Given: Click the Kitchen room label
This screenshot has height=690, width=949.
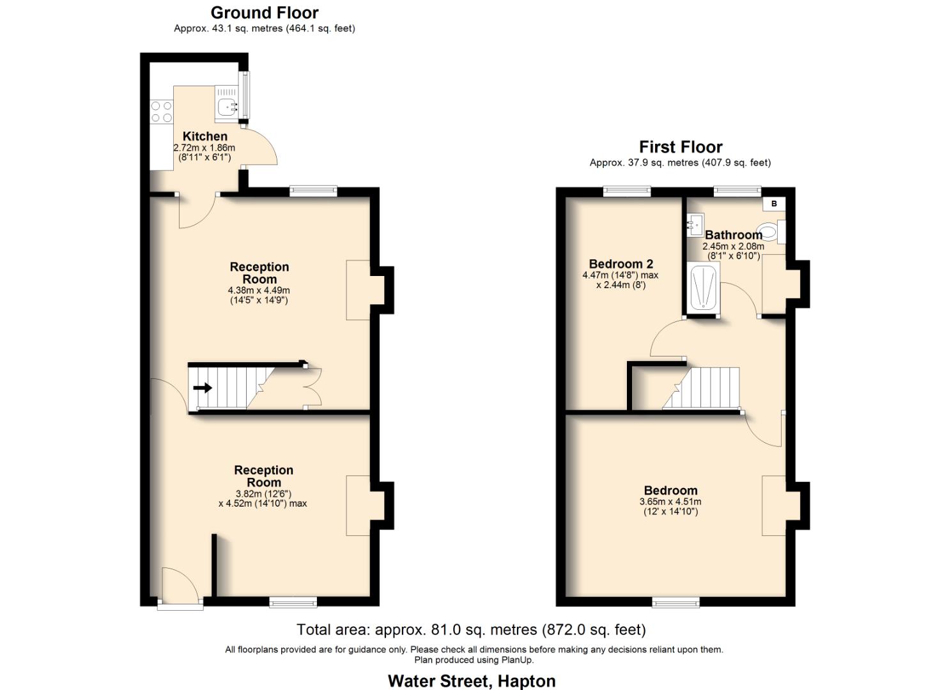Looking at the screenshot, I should click(x=204, y=136).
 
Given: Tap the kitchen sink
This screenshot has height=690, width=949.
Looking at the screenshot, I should click(x=226, y=107).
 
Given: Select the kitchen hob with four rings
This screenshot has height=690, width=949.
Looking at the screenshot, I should click(x=161, y=112).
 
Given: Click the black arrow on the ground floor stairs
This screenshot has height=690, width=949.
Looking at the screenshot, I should click(x=203, y=388).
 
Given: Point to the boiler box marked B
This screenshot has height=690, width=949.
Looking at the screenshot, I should click(x=774, y=204).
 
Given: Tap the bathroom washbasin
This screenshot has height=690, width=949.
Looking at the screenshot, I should click(x=694, y=224).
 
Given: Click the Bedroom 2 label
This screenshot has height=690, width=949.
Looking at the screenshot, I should click(x=621, y=264).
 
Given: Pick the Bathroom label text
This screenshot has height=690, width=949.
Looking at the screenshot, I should click(x=733, y=235).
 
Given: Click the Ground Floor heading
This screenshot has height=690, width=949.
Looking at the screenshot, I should click(x=264, y=13).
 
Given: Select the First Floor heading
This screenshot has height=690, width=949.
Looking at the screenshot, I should click(x=681, y=147).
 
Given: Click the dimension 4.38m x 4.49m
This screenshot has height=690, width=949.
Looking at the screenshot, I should click(x=259, y=291).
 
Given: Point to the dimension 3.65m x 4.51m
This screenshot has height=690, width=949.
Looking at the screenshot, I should click(x=670, y=502).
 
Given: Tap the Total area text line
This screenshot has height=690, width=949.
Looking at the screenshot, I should click(x=471, y=630).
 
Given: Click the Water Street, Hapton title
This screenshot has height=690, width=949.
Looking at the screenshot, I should click(x=471, y=681).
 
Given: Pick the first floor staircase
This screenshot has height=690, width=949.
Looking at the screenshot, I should click(x=703, y=388).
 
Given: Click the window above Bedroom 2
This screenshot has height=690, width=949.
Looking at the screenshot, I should click(x=627, y=190).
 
